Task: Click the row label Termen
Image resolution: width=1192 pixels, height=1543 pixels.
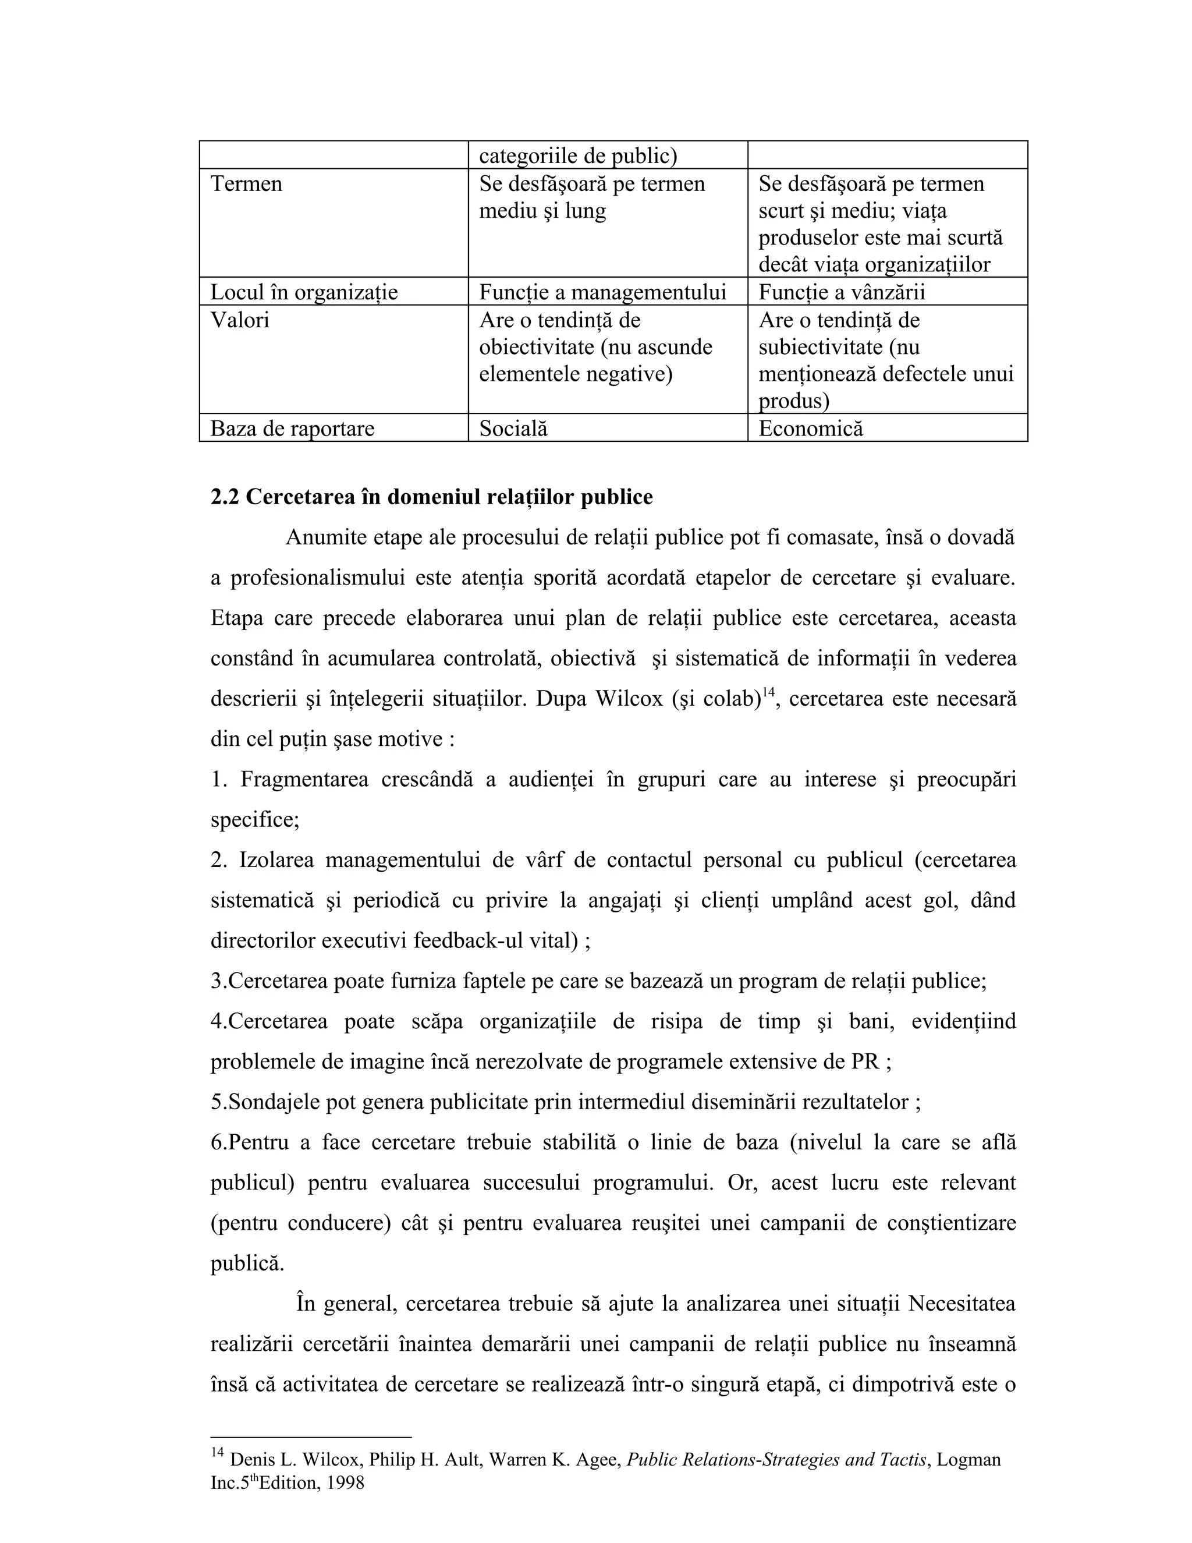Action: pyautogui.click(x=246, y=183)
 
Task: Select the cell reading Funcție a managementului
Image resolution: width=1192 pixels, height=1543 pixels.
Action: pyautogui.click(x=602, y=292)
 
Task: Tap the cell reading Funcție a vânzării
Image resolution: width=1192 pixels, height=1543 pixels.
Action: pyautogui.click(x=841, y=292)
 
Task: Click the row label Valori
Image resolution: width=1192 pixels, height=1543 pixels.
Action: pyautogui.click(x=239, y=320)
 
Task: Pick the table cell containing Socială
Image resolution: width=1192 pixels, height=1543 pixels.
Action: pyautogui.click(x=513, y=428)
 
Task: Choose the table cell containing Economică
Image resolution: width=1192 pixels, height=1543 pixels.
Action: pyautogui.click(x=810, y=428)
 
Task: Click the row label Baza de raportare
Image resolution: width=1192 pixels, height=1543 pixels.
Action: pyautogui.click(x=292, y=428)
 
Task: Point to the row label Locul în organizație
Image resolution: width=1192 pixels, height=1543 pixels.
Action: pyautogui.click(x=304, y=292)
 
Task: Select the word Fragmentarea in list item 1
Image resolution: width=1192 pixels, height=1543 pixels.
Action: pyautogui.click(x=304, y=779)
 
